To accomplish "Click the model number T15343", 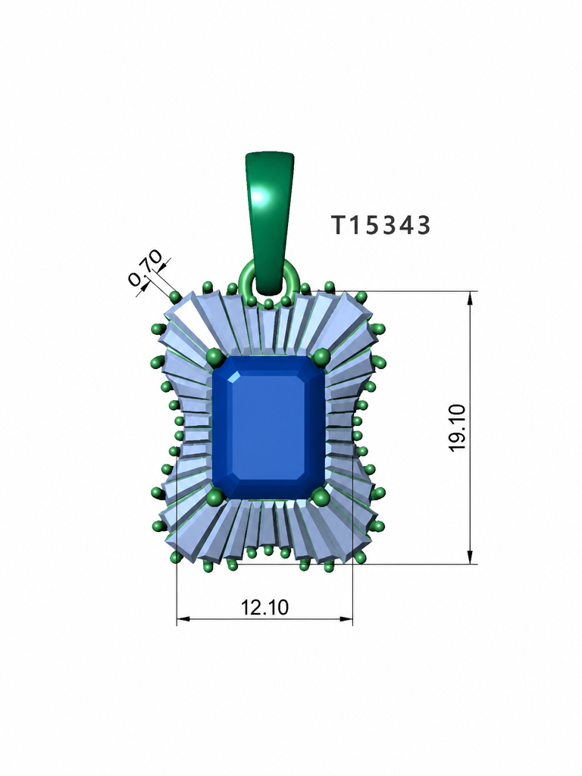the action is [380, 225].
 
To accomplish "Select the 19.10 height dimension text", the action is [458, 427].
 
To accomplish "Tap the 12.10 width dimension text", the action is [264, 607].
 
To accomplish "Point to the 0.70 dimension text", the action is [145, 268].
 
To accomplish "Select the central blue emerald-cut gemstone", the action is [268, 427].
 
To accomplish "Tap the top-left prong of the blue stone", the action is [214, 356].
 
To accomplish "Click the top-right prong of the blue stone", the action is [321, 355].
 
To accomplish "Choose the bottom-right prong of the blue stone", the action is [321, 496].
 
